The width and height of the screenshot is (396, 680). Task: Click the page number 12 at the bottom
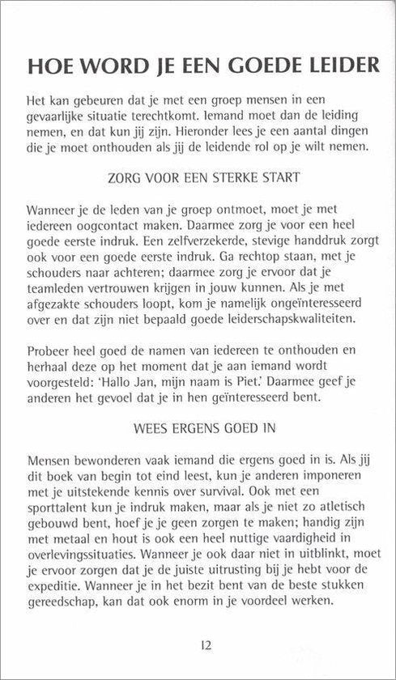point(198,644)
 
